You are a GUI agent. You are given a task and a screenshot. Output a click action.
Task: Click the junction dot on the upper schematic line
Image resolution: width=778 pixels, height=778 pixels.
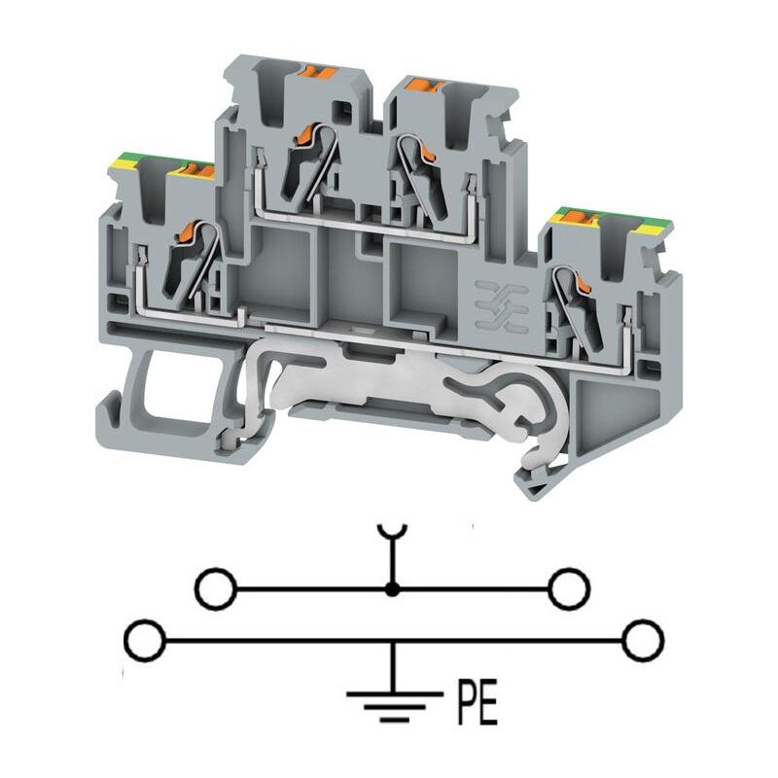(393, 589)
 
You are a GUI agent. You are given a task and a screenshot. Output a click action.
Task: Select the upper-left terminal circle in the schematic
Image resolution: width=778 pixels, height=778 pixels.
(216, 589)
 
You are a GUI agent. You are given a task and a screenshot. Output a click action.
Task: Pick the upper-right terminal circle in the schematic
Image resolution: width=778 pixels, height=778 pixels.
(569, 589)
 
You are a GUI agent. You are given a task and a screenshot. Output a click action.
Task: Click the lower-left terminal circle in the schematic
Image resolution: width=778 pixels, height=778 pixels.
(144, 640)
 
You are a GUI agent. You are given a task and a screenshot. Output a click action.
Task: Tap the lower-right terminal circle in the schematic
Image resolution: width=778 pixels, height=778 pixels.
(643, 640)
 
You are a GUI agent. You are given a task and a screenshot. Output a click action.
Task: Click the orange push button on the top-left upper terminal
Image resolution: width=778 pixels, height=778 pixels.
(320, 72)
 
